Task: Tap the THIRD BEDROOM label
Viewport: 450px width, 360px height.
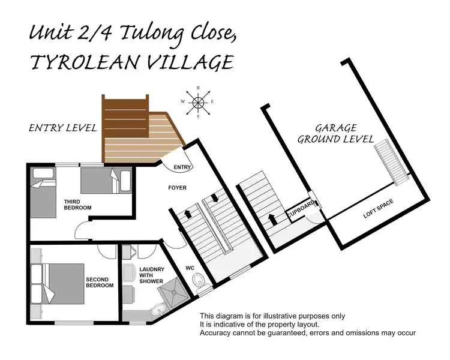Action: [77, 204]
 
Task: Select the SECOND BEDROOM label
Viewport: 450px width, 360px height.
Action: [100, 282]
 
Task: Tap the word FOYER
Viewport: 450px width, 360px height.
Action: [177, 188]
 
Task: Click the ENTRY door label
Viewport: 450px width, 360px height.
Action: [181, 167]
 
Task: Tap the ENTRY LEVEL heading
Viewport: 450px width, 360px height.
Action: [63, 127]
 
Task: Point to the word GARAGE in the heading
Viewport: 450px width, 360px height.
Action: [336, 128]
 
